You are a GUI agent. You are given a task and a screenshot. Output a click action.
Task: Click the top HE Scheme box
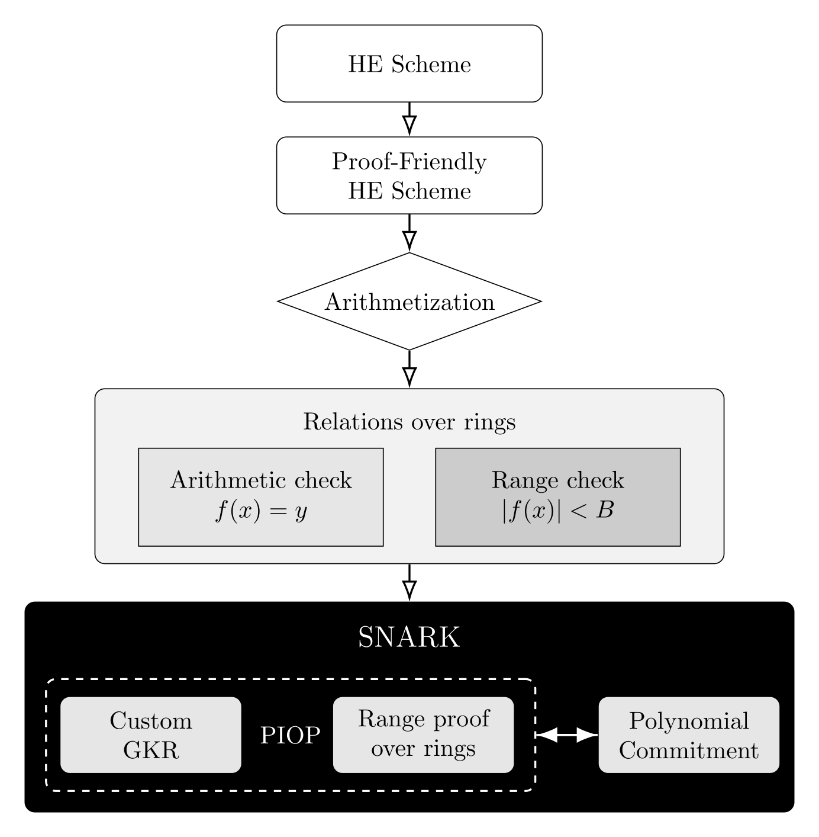[x=409, y=63]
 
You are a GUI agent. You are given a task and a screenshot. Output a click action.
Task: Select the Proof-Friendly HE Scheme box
[x=409, y=175]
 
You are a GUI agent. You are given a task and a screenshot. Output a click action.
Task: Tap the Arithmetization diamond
[x=409, y=302]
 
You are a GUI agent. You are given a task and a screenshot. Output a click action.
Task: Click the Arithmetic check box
[x=260, y=496]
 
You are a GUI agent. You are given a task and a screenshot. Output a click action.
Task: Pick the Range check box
[x=557, y=496]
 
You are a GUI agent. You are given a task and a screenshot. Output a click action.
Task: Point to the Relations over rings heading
[x=409, y=422]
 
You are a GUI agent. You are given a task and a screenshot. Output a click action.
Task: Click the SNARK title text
[x=409, y=638]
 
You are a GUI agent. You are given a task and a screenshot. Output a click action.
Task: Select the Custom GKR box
[x=151, y=735]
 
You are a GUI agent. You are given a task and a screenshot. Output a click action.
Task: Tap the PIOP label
[x=290, y=736]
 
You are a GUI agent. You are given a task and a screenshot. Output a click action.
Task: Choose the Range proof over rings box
[x=423, y=735]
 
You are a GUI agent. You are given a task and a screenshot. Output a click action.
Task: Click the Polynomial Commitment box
[x=689, y=735]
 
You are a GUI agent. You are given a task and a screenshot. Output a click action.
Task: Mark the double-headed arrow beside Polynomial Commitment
[x=567, y=735]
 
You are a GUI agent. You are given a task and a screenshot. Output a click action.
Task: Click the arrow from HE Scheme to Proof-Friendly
[x=409, y=119]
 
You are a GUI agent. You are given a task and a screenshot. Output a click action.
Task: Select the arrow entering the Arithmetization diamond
[x=409, y=233]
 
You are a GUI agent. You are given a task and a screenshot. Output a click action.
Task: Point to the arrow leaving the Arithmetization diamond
[x=409, y=369]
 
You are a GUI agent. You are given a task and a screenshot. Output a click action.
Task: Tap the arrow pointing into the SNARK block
[x=409, y=582]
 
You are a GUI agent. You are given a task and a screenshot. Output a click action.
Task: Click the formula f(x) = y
[x=260, y=512]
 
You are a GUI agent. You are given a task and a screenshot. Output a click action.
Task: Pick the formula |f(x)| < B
[x=557, y=511]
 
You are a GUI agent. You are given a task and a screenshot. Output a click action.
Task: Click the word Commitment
[x=689, y=751]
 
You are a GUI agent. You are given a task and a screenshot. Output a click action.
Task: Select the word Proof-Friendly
[x=409, y=161]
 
